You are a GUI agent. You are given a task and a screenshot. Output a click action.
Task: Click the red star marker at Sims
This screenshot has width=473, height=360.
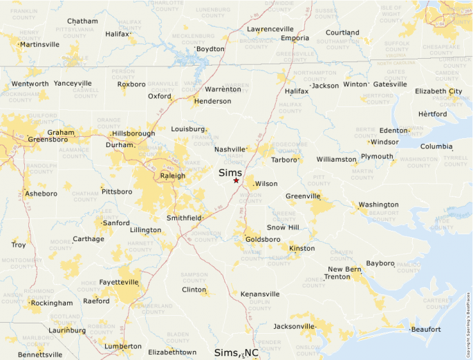point(236,180)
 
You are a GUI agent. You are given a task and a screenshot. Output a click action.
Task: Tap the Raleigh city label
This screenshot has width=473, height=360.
point(173,176)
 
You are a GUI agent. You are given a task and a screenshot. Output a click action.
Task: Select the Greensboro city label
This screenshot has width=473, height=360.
point(48,140)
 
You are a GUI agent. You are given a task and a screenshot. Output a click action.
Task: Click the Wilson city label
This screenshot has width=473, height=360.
point(266,184)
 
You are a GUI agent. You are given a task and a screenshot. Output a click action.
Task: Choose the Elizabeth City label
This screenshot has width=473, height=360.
point(438,91)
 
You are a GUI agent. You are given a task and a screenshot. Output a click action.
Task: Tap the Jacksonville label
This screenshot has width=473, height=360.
point(294,326)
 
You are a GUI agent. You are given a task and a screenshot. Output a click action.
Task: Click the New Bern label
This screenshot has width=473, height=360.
point(344,269)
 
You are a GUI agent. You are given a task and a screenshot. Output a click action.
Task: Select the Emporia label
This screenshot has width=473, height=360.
point(295,38)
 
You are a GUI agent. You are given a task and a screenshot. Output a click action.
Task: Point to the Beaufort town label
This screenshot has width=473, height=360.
point(425,330)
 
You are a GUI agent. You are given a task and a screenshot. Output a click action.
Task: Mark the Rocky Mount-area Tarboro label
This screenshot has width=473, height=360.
point(284,160)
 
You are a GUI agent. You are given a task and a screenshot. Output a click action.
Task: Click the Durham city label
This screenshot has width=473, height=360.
point(118,145)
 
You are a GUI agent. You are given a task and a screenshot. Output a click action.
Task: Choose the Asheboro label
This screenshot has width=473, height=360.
point(41,193)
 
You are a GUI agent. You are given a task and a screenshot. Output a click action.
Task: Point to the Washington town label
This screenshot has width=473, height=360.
point(378,205)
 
